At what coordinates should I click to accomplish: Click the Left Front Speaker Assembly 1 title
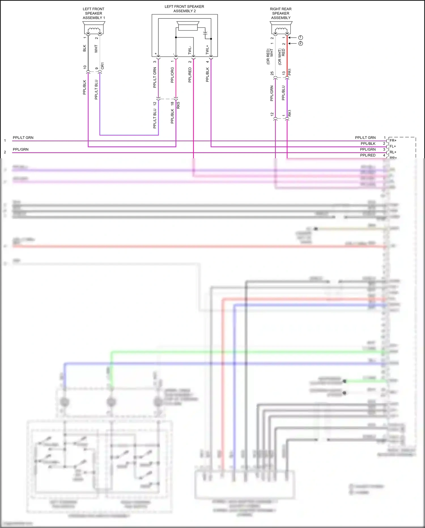(x=93, y=13)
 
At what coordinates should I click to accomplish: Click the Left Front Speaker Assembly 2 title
(x=184, y=9)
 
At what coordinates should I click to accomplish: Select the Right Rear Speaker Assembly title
(x=280, y=13)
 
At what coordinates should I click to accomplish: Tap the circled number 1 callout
(x=301, y=37)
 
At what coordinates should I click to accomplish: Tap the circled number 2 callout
(x=301, y=43)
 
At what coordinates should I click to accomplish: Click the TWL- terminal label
(x=190, y=50)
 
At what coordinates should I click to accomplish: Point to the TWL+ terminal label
(x=207, y=50)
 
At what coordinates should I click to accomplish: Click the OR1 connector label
(x=103, y=66)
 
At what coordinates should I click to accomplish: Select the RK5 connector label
(x=178, y=105)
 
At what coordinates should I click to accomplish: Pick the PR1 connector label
(x=290, y=72)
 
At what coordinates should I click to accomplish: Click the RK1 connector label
(x=290, y=113)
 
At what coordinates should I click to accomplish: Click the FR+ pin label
(x=393, y=140)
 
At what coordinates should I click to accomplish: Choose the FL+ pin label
(x=393, y=146)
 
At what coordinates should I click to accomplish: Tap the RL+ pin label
(x=393, y=152)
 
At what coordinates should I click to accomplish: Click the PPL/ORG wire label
(x=172, y=75)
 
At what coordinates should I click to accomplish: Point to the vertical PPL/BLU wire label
(x=283, y=93)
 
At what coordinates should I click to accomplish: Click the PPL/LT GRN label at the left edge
(x=23, y=138)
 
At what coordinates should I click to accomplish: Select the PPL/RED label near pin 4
(x=368, y=155)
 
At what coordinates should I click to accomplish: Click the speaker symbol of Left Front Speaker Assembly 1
(x=94, y=28)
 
